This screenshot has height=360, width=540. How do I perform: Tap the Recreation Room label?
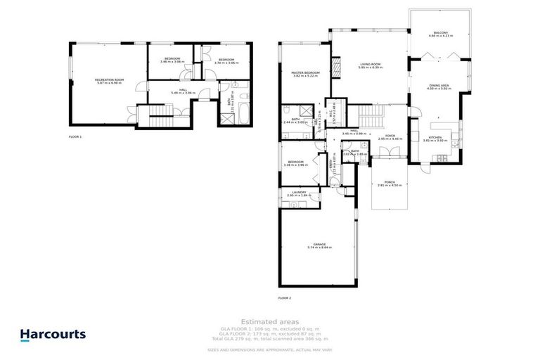tap(109, 80)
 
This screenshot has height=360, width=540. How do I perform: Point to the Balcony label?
tap(442, 33)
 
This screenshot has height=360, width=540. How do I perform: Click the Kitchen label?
tap(435, 137)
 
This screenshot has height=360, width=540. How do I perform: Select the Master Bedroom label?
tap(306, 72)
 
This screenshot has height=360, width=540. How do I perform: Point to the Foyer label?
tap(390, 136)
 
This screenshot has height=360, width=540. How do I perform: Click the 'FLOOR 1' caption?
tap(75, 136)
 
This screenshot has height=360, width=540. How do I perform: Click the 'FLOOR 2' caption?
tap(284, 298)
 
